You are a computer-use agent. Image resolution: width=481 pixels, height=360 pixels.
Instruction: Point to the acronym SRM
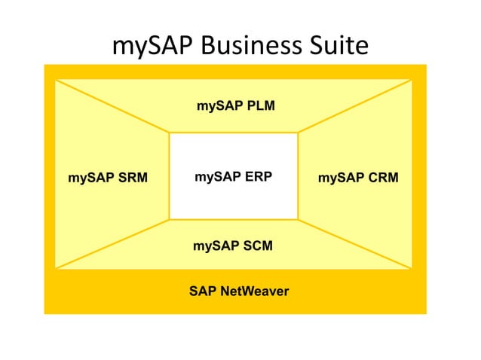[132, 178]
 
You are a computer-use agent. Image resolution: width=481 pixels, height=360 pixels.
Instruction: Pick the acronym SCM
[257, 246]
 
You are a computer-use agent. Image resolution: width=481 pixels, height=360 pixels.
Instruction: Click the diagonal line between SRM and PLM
[112, 106]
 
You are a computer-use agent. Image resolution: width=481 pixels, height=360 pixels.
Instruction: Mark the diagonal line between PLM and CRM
[355, 106]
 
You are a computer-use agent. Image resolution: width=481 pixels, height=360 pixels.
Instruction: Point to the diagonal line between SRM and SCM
[112, 244]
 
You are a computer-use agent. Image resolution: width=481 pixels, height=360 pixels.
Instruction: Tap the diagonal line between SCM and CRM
[355, 244]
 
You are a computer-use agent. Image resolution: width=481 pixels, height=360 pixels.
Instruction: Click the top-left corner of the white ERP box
[170, 133]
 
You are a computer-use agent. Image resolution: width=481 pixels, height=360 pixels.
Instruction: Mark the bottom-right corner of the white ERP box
[298, 219]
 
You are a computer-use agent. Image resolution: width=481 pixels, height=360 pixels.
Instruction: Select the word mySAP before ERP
[213, 178]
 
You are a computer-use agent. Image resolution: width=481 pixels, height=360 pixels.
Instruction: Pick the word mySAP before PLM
[217, 106]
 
